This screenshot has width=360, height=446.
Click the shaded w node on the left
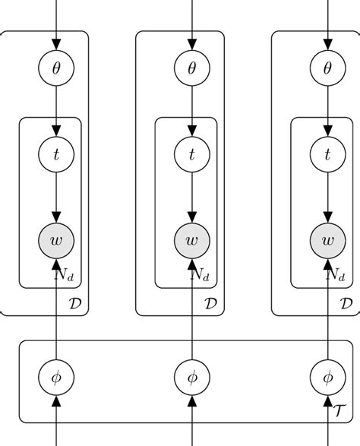pyautogui.click(x=56, y=241)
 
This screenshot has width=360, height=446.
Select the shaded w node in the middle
pyautogui.click(x=192, y=241)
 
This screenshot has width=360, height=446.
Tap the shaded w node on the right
pyautogui.click(x=328, y=241)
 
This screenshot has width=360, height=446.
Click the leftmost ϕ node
pyautogui.click(x=56, y=376)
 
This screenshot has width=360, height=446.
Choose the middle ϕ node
pyautogui.click(x=192, y=376)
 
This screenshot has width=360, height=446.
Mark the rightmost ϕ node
pyautogui.click(x=328, y=376)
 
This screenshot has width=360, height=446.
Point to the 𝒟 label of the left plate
pyautogui.click(x=74, y=304)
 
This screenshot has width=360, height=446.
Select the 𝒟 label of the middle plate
pyautogui.click(x=210, y=304)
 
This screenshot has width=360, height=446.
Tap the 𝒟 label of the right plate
pyautogui.click(x=346, y=304)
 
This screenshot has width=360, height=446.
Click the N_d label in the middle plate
pyautogui.click(x=201, y=273)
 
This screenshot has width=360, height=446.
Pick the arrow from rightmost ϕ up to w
pyautogui.click(x=328, y=312)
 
